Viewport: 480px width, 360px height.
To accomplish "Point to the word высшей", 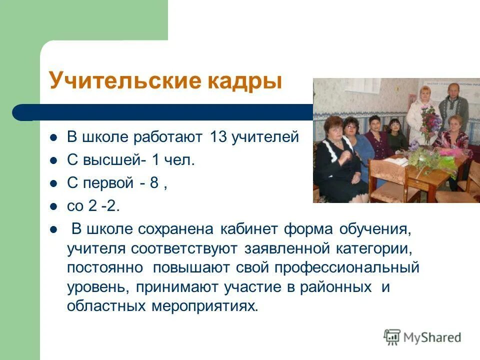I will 112,160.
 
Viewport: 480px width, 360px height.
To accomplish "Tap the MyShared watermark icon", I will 392,336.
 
